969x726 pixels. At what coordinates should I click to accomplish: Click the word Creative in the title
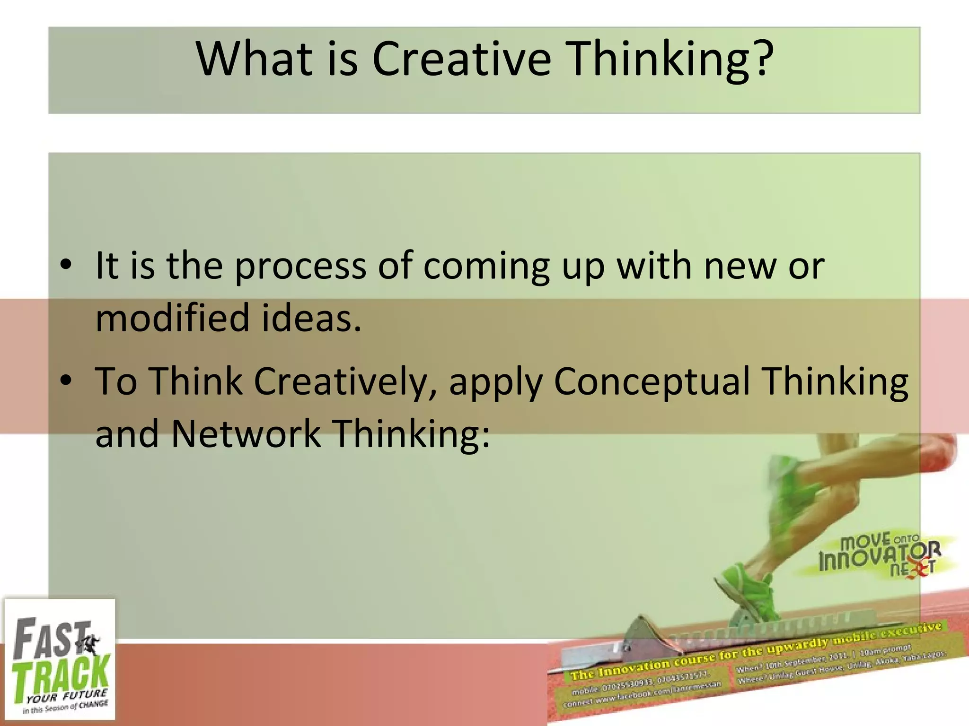(461, 59)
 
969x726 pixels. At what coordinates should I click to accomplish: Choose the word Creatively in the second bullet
(341, 382)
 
